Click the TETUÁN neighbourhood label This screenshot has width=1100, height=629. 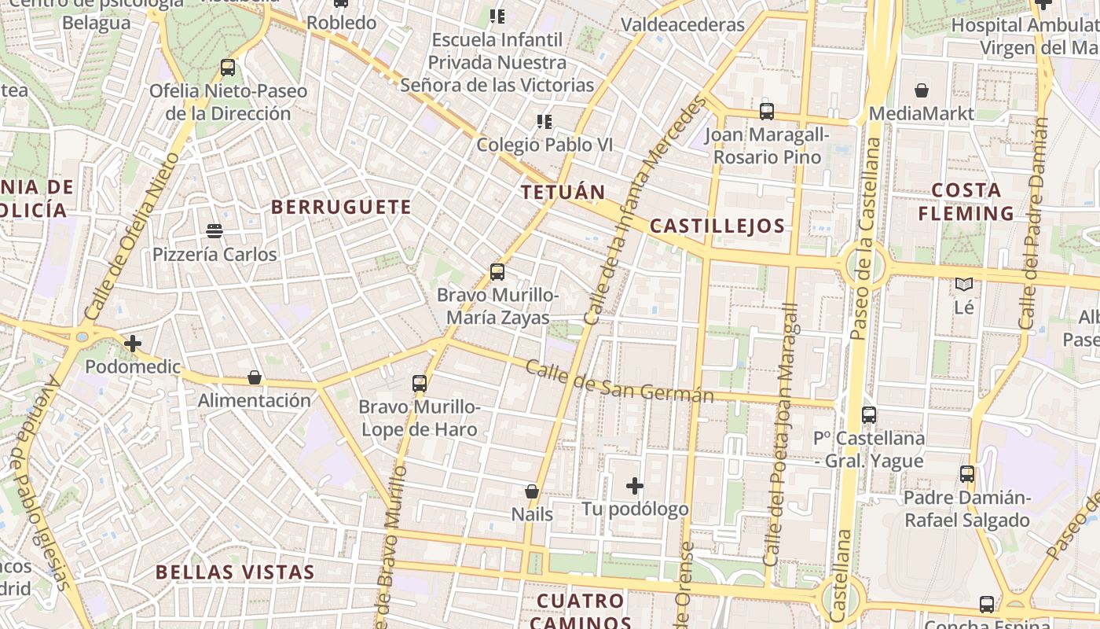(563, 193)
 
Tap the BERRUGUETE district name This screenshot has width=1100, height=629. (341, 207)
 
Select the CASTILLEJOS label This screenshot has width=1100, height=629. (717, 226)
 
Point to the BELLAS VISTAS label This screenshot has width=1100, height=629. (235, 572)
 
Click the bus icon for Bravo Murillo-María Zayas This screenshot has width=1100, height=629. (497, 272)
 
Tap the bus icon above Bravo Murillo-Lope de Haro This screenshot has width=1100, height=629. (420, 384)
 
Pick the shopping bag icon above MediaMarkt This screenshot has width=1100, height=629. (922, 91)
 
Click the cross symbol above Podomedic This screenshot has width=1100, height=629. (133, 344)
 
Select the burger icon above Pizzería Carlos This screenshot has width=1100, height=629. (214, 231)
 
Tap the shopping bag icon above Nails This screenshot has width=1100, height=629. (532, 491)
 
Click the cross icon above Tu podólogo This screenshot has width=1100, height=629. (635, 486)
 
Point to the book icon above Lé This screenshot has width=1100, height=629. (964, 284)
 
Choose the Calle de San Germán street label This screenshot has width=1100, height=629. (619, 381)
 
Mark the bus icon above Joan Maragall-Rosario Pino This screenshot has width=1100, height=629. (767, 112)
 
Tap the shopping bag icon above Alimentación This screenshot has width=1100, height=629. (254, 377)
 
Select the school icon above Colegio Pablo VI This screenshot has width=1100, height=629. (544, 121)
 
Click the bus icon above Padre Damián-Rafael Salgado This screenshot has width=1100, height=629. (967, 474)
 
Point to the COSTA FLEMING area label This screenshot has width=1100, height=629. (966, 201)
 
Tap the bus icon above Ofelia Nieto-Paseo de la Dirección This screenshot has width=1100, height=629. (228, 68)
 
